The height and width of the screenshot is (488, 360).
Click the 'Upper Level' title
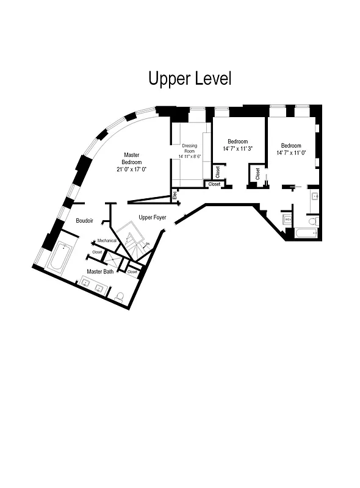pos(190,79)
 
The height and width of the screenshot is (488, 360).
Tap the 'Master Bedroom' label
pos(132,159)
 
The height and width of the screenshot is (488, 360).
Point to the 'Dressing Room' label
pos(190,149)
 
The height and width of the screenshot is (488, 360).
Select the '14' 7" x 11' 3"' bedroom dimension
pos(238,148)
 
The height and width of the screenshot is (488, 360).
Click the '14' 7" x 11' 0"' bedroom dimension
pos(290,152)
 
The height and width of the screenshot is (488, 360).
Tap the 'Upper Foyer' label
pos(152,217)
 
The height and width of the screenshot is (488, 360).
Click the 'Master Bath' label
pos(99,271)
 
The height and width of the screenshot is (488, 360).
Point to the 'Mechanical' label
pos(107,240)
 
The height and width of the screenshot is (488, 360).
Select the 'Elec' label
pos(175,196)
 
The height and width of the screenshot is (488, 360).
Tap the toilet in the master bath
pos(120,297)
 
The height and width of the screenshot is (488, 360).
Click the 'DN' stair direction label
pos(147,243)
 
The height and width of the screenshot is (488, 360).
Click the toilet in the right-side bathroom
pos(312,220)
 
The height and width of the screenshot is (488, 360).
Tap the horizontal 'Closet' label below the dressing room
pos(214,184)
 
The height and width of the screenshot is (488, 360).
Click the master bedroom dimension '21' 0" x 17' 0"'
pos(132,170)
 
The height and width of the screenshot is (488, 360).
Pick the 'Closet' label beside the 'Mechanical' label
pos(97,251)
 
